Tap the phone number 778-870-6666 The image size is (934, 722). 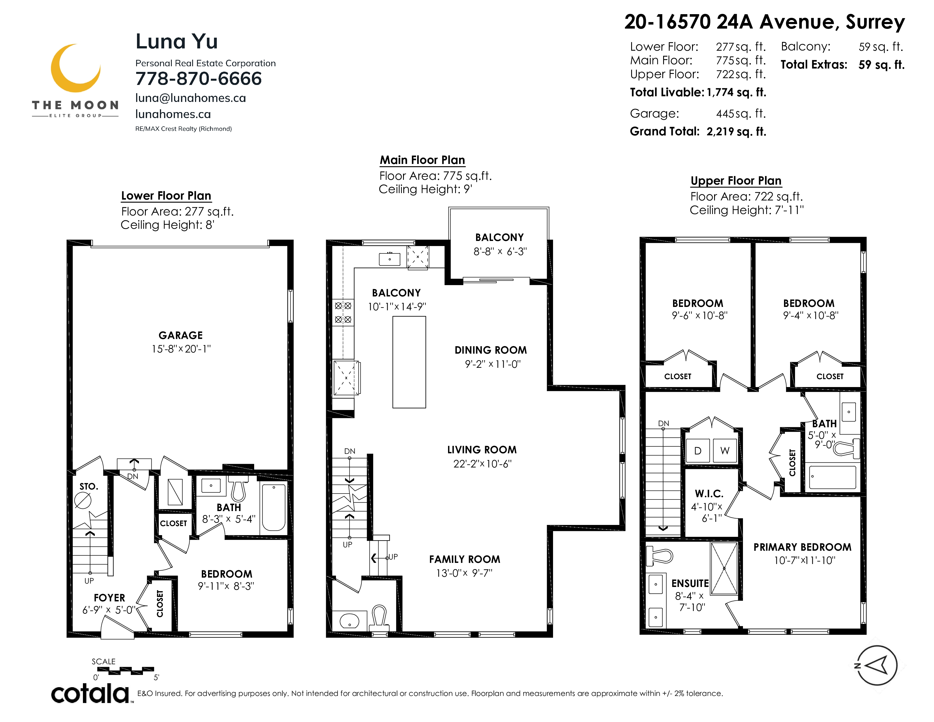pos(198,79)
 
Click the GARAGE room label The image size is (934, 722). pos(181,335)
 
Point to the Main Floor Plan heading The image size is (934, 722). pos(423,160)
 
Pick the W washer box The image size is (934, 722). pos(725,451)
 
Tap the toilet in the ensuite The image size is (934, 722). pos(659,555)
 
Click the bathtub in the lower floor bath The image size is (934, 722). pos(274,507)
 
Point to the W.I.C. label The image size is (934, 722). pos(709,494)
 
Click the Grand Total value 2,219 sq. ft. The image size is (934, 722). pos(736,132)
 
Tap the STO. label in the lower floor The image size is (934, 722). pos(89,486)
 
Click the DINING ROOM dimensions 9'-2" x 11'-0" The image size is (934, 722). pos(493,364)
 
